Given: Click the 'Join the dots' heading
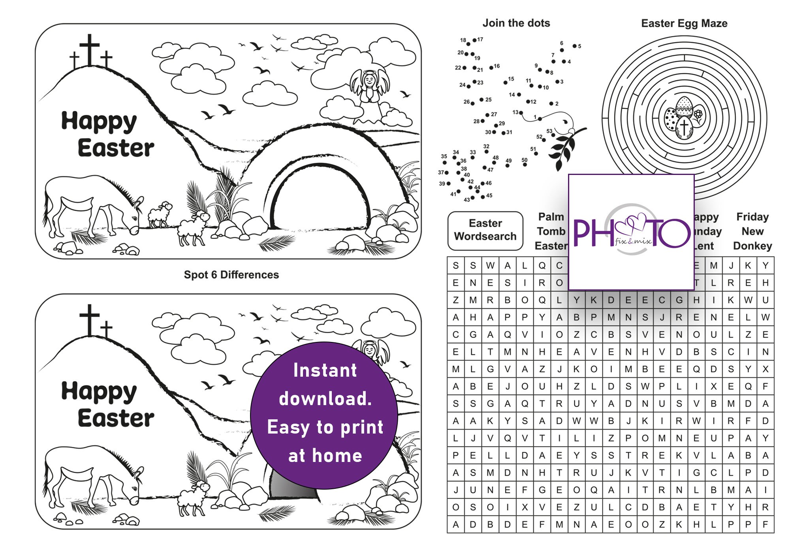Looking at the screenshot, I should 516,23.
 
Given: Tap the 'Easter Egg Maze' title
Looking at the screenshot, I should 684,23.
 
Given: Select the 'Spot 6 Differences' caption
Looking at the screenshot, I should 231,274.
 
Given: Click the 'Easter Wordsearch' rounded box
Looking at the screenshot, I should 485,230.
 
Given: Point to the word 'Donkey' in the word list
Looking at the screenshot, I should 752,246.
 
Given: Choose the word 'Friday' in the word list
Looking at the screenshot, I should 752,217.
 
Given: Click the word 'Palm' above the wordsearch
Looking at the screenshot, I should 551,217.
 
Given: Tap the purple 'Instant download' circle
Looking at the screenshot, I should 324,415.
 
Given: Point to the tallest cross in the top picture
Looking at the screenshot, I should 90,49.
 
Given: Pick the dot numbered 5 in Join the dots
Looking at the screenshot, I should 574,46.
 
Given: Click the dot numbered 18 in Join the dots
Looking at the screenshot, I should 468,44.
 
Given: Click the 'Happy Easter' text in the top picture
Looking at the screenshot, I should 107,134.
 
